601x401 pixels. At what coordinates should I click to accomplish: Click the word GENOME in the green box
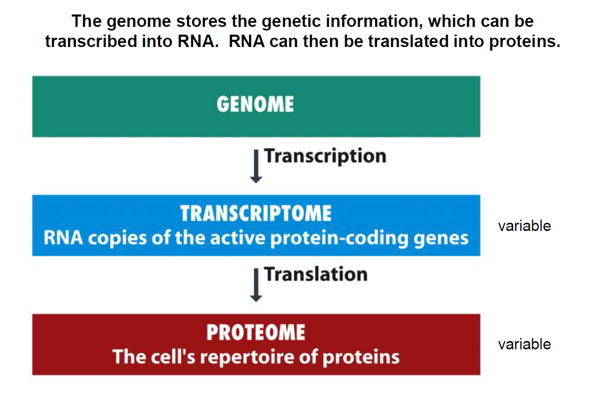point(255,104)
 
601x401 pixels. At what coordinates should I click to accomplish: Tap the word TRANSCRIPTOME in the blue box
point(256,213)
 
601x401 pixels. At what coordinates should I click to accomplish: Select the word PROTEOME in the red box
point(256,332)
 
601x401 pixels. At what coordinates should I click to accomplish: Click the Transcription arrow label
point(325,156)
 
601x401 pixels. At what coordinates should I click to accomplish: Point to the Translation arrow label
point(316,274)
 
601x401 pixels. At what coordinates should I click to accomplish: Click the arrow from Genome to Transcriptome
point(256,165)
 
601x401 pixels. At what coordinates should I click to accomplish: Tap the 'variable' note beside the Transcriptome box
point(525,226)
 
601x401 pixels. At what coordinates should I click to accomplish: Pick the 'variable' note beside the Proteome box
point(525,344)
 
